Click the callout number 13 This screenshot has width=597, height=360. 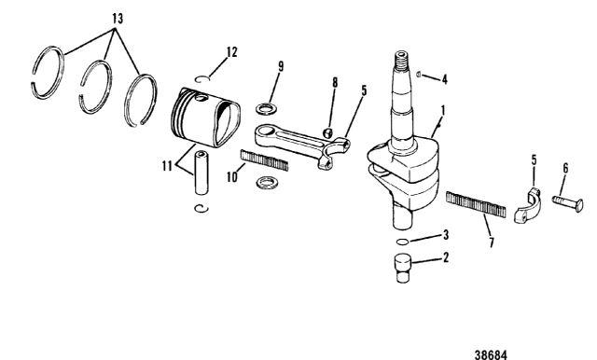(118, 19)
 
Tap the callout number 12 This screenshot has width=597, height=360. (231, 52)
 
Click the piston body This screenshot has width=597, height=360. (205, 118)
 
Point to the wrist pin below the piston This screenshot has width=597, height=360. (201, 173)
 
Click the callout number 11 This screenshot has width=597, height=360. (167, 166)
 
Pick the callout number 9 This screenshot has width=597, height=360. (281, 66)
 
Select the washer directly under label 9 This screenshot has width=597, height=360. (266, 109)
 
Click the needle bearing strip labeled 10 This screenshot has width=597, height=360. (264, 160)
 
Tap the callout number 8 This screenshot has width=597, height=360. (335, 83)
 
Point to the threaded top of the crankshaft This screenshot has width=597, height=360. (403, 62)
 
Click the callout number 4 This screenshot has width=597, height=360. (444, 79)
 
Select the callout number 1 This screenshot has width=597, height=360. (443, 111)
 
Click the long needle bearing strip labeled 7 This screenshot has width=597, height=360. (476, 204)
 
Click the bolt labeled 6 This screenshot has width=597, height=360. (568, 202)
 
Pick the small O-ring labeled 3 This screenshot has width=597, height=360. (402, 242)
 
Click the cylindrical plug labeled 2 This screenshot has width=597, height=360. (402, 268)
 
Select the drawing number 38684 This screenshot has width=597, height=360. (491, 354)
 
